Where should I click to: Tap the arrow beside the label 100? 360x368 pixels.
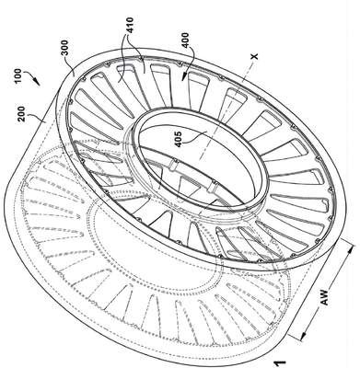pyautogui.click(x=32, y=77)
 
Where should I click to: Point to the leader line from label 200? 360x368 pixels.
pyautogui.click(x=37, y=118)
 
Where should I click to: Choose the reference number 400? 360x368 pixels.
pyautogui.click(x=186, y=40)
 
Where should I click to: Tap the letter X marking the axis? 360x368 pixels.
pyautogui.click(x=254, y=56)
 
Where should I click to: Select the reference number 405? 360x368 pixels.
pyautogui.click(x=178, y=139)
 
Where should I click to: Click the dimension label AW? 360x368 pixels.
pyautogui.click(x=325, y=296)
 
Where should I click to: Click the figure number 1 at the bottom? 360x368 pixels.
pyautogui.click(x=280, y=364)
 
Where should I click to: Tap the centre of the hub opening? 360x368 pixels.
pyautogui.click(x=200, y=158)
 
